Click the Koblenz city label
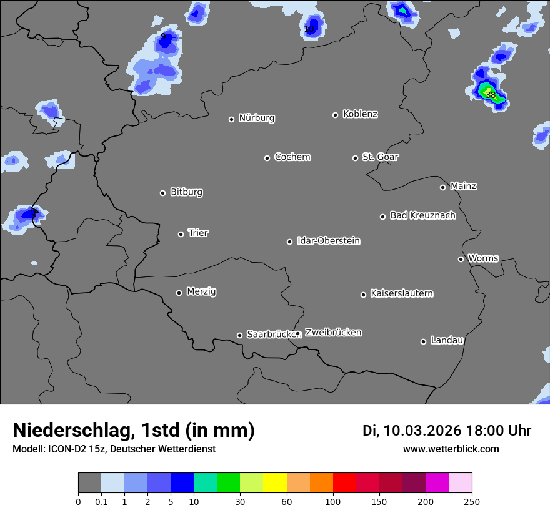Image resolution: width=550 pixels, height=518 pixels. click(x=360, y=114)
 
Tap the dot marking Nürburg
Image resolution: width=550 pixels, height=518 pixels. click(x=231, y=119)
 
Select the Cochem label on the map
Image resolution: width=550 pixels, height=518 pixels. click(x=292, y=157)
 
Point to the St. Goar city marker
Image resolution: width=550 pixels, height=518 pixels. click(x=355, y=158)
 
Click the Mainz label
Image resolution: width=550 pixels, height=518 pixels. click(x=463, y=186)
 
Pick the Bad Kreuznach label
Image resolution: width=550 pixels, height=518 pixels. click(x=422, y=215)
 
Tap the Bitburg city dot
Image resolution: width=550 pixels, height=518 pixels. click(x=162, y=193)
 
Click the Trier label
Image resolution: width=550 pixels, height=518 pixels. click(x=198, y=233)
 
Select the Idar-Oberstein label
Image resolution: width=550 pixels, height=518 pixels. click(x=328, y=240)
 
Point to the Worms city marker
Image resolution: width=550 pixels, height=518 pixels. click(x=461, y=259)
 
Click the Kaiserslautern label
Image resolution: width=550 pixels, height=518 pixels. click(x=401, y=293)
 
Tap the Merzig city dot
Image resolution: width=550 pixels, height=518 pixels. click(x=179, y=293)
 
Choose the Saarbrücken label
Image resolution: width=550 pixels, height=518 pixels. click(x=270, y=334)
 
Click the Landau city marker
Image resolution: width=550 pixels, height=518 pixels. click(x=423, y=341)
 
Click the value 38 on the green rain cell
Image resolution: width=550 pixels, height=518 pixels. click(x=491, y=95)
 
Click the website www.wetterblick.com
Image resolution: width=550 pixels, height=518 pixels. click(x=451, y=449)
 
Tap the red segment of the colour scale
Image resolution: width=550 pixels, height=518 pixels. click(x=344, y=482)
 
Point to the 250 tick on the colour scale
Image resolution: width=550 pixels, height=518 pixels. click(x=471, y=501)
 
